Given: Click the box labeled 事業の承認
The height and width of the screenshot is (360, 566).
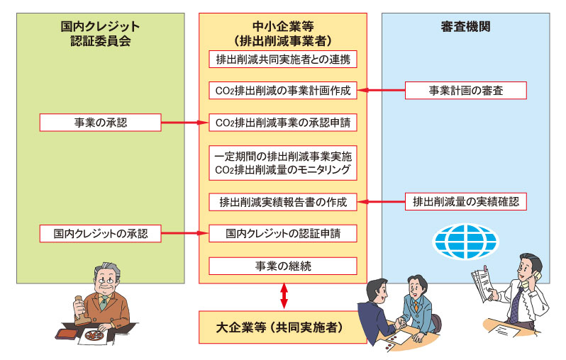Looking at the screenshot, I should [100, 123].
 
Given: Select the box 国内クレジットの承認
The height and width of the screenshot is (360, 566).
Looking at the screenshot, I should [100, 232].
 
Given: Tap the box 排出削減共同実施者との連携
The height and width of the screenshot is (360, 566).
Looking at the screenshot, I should [282, 58].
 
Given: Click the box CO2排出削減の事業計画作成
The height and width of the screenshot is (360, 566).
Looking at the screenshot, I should [282, 91].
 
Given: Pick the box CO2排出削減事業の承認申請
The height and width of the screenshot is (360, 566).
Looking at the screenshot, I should [282, 123].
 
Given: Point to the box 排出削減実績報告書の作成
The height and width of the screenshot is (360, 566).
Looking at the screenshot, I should [282, 202].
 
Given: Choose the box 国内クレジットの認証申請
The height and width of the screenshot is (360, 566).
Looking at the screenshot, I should [282, 232].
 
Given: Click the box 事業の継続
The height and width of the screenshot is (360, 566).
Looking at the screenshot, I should [282, 266].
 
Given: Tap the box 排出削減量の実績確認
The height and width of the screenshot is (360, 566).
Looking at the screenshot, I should [466, 202].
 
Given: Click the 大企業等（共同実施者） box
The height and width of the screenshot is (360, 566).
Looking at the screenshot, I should [283, 327].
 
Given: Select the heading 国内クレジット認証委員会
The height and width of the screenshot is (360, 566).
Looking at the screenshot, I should [100, 33].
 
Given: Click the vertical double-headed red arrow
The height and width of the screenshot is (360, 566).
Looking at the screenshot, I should [284, 296].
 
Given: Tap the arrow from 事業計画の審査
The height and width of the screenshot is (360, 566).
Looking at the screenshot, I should [381, 91].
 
